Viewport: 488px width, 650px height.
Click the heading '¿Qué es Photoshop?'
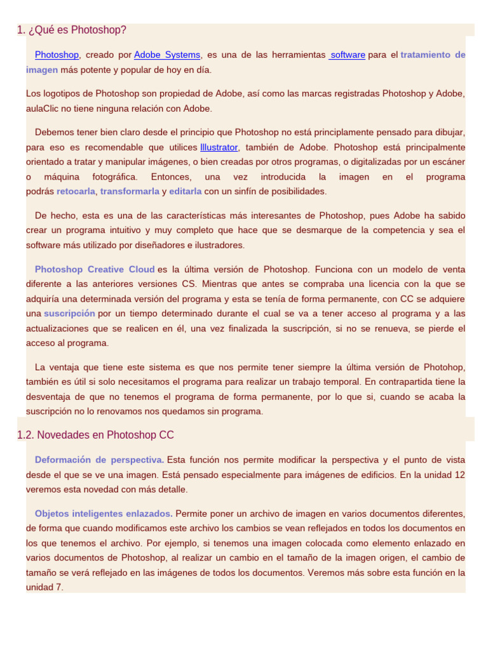click(72, 30)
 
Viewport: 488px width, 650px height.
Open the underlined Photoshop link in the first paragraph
click(57, 55)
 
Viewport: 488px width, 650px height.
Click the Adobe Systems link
click(167, 55)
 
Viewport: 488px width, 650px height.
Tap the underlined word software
click(348, 55)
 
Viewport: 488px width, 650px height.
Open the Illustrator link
click(219, 147)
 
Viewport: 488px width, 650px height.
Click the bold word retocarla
click(76, 191)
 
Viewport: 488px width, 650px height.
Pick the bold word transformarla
click(130, 191)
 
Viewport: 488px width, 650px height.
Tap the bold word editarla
click(186, 191)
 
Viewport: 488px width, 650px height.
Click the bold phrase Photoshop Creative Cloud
click(95, 269)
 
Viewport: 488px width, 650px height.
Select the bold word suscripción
click(69, 313)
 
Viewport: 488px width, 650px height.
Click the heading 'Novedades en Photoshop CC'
click(105, 435)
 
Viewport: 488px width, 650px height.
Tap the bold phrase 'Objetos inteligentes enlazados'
click(103, 513)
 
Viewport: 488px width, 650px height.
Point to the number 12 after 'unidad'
click(459, 474)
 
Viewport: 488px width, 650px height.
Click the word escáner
click(449, 162)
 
